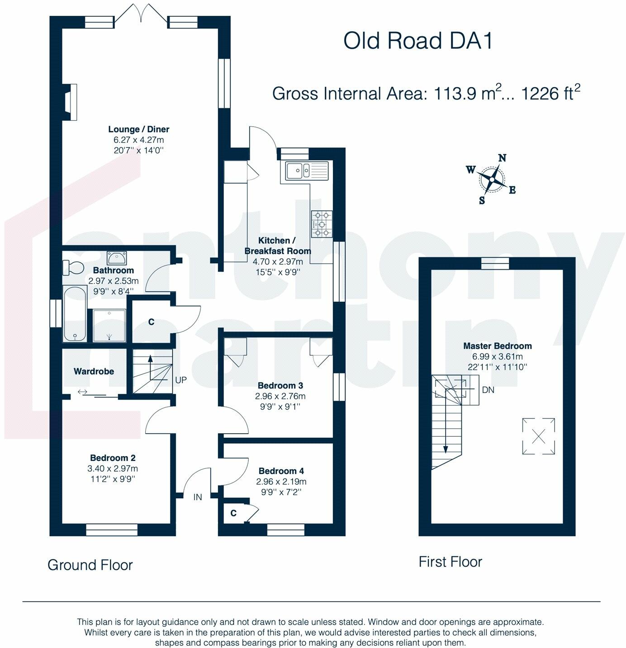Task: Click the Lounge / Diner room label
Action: tap(138, 129)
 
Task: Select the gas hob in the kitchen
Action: tap(322, 224)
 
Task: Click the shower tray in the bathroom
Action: tap(109, 326)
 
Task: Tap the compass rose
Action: tap(491, 180)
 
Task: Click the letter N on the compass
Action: tap(502, 158)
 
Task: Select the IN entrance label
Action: tap(198, 497)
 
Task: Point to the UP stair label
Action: tap(180, 380)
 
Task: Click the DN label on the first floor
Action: tap(488, 390)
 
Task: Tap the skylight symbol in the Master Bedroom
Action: tap(538, 436)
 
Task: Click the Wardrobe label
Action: tap(94, 371)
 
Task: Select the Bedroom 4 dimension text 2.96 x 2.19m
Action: tap(281, 482)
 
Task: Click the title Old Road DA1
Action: tap(418, 41)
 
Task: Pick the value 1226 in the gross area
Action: tap(540, 94)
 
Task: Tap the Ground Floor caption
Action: tap(90, 565)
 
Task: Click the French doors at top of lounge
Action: tap(141, 16)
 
